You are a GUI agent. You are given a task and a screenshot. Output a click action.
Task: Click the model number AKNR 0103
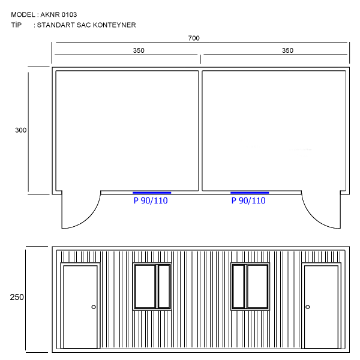point(59,14)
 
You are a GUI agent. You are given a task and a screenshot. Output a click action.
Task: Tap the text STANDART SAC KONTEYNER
point(86,25)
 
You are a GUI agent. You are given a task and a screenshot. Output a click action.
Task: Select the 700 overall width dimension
point(194,38)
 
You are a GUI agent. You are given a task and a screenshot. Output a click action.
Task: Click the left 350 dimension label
point(139,50)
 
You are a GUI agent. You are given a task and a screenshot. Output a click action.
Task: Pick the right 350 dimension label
point(287,50)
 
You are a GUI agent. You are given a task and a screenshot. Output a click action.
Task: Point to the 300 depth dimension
point(20,130)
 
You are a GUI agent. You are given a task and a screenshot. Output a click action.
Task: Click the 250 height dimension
point(17,297)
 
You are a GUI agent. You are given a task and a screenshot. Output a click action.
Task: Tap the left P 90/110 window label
point(151,200)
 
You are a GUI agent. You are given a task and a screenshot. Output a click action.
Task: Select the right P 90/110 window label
point(248,200)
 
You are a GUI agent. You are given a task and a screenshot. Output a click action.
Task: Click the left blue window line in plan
point(152,193)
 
